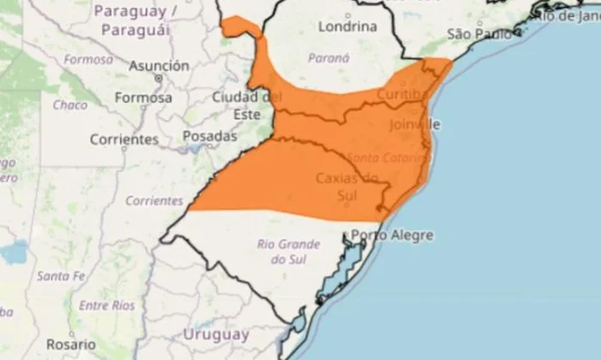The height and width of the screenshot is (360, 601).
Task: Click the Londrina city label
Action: (x=347, y=27)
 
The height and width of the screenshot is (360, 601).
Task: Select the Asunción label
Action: (x=159, y=65)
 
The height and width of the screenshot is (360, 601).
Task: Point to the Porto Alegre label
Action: (x=385, y=235)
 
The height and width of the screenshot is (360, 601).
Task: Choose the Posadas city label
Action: (x=209, y=136)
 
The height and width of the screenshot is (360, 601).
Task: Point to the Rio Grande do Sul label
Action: (x=283, y=251)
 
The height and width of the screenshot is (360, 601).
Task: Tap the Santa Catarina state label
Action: (x=386, y=157)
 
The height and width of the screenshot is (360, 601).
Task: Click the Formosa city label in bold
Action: (x=143, y=98)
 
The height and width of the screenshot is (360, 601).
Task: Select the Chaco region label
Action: (x=70, y=105)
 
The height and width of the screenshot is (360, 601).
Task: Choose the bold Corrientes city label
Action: (x=124, y=138)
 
